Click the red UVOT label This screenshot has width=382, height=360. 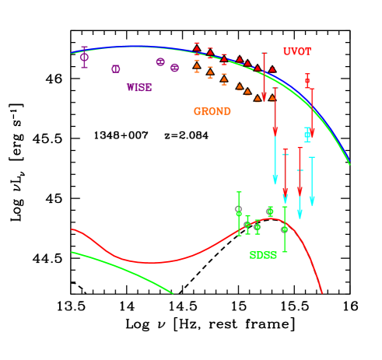[x=296, y=52]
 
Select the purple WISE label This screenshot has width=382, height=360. [x=138, y=88]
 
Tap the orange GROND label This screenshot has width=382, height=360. [x=212, y=111]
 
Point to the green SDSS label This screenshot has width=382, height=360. [x=262, y=255]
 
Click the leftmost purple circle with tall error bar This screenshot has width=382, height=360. [x=84, y=57]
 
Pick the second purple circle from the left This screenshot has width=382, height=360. [x=116, y=68]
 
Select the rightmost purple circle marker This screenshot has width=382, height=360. [x=174, y=68]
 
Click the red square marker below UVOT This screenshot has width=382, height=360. [x=307, y=81]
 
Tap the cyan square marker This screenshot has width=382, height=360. [x=307, y=135]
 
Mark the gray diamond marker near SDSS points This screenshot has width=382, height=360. [x=238, y=208]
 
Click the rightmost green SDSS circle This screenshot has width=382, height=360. [x=284, y=229]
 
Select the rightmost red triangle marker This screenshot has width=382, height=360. [x=272, y=70]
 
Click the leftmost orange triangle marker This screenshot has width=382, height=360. [x=197, y=68]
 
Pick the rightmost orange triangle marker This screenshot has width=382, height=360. [x=272, y=98]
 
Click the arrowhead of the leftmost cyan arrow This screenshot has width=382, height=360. [x=275, y=180]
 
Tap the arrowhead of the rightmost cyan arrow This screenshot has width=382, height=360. [x=312, y=201]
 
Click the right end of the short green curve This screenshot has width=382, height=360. [x=172, y=293]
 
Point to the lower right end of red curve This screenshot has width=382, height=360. [x=322, y=293]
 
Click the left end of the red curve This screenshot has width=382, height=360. [x=72, y=229]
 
